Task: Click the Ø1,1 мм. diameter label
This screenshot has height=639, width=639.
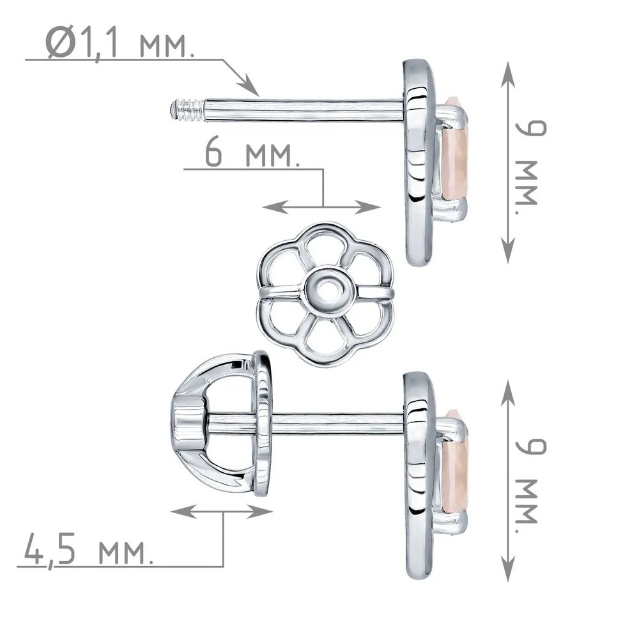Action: coord(119,43)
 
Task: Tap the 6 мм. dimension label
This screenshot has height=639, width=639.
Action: coord(252,153)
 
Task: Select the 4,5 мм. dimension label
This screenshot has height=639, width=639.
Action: coord(88,550)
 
